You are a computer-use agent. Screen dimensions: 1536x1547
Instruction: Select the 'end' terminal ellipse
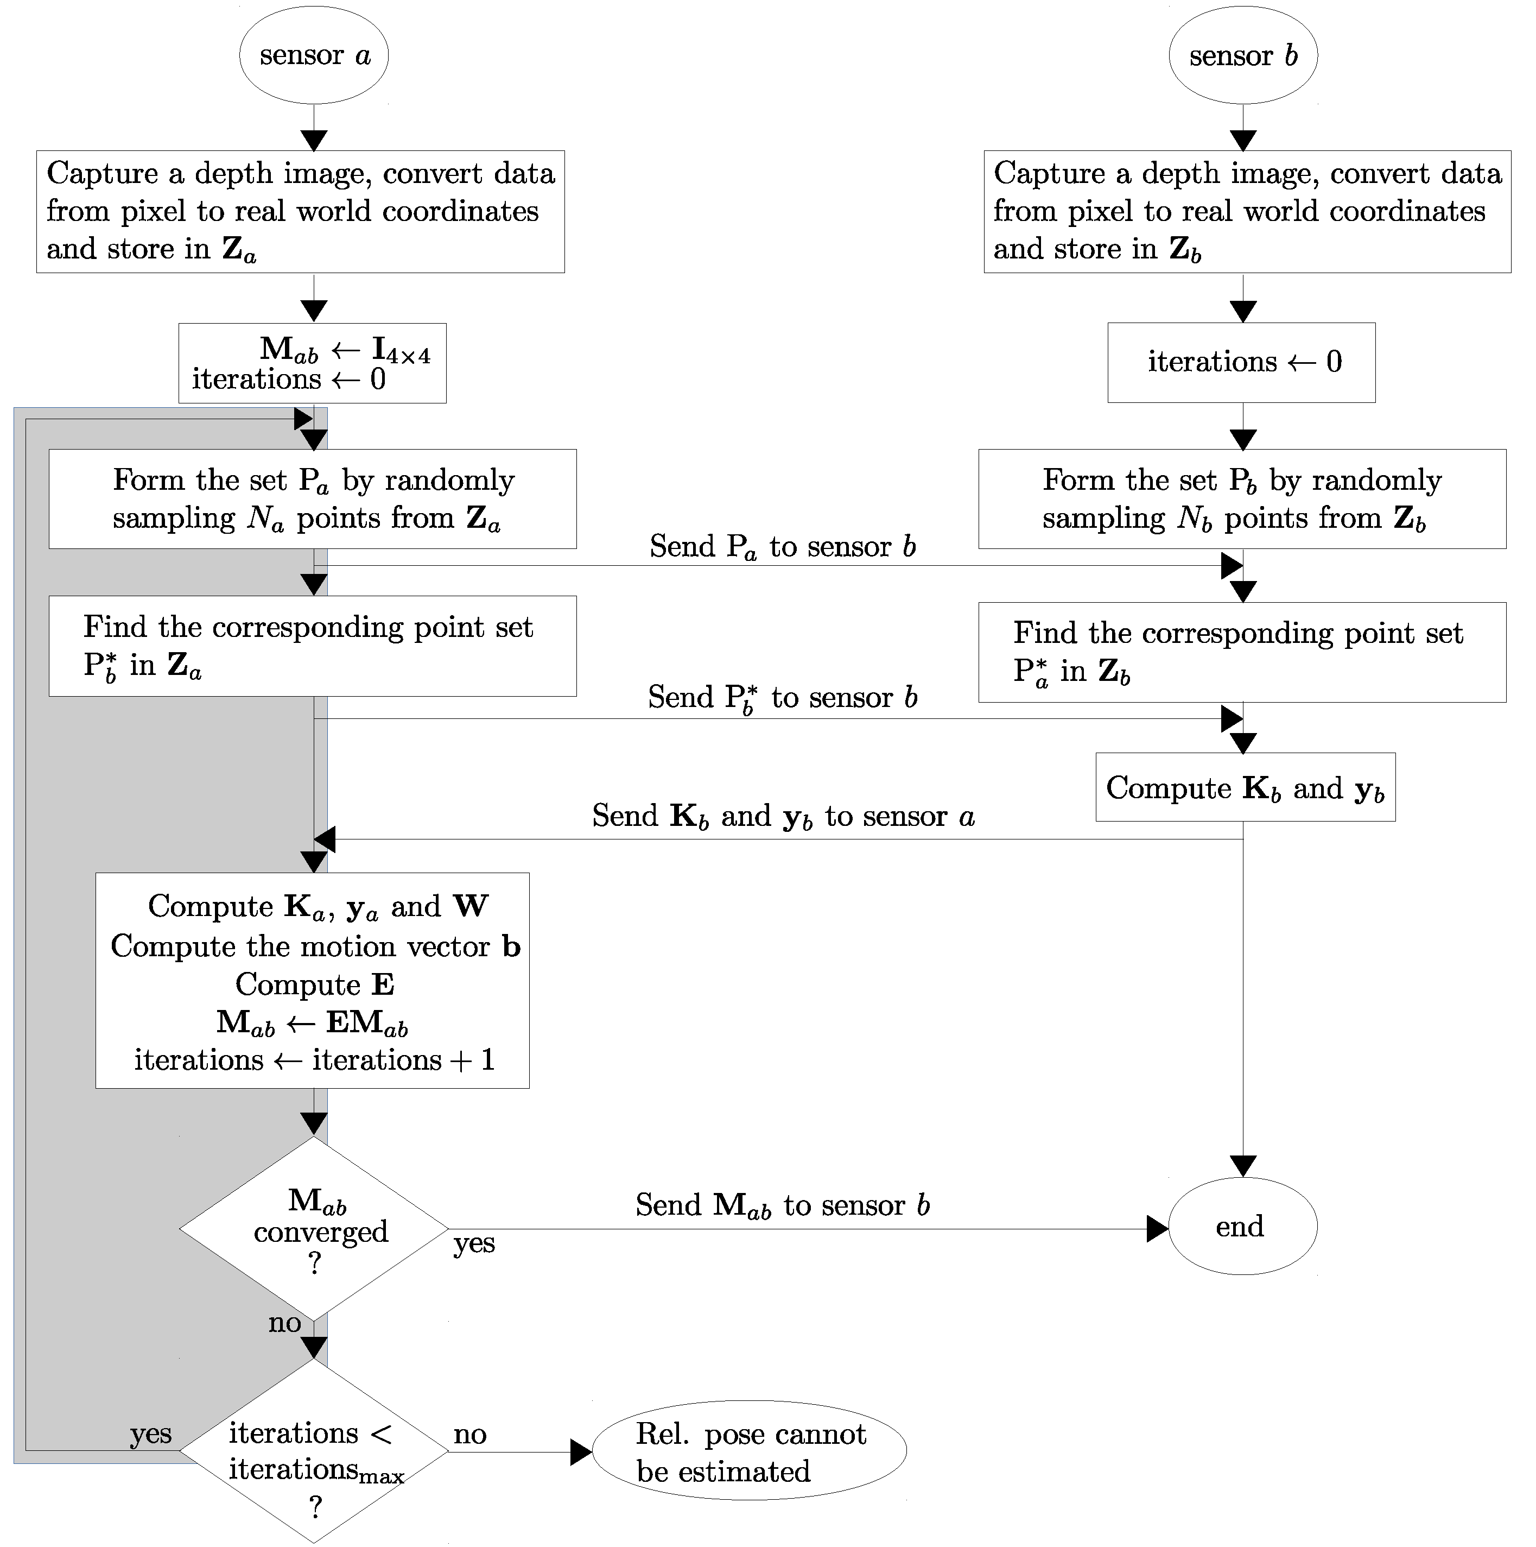tap(1243, 1226)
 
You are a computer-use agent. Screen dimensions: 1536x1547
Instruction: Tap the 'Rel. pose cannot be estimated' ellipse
tap(749, 1452)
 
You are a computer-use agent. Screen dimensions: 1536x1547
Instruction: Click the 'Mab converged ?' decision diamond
tap(314, 1229)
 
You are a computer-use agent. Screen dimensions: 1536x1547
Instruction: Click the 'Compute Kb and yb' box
tap(1246, 787)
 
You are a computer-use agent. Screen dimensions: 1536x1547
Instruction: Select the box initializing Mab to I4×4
tap(312, 363)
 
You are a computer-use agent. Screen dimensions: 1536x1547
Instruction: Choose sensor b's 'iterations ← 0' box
tap(1241, 363)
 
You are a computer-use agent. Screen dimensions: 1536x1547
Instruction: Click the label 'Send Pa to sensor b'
tap(783, 547)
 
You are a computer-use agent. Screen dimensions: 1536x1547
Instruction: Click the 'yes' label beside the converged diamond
tap(474, 1243)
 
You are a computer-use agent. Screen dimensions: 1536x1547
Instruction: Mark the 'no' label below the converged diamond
tap(285, 1323)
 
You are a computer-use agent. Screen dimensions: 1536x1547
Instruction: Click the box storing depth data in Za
tap(300, 211)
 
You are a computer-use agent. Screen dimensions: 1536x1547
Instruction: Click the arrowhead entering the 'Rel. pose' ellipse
tap(581, 1452)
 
